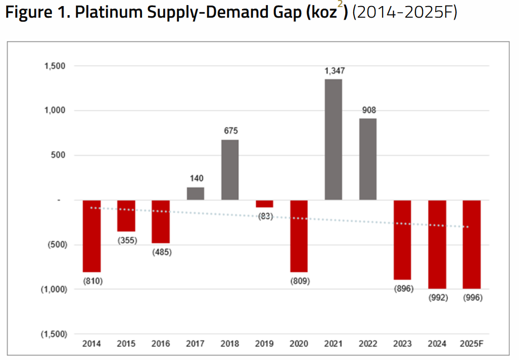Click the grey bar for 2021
333,139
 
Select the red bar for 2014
92,236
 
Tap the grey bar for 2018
230,170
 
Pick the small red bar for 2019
264,204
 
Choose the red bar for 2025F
471,244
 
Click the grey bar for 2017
196,194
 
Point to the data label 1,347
334,71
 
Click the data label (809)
299,280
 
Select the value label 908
368,110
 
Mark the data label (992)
438,297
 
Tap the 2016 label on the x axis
161,344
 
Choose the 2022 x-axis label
368,344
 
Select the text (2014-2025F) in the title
404,13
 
